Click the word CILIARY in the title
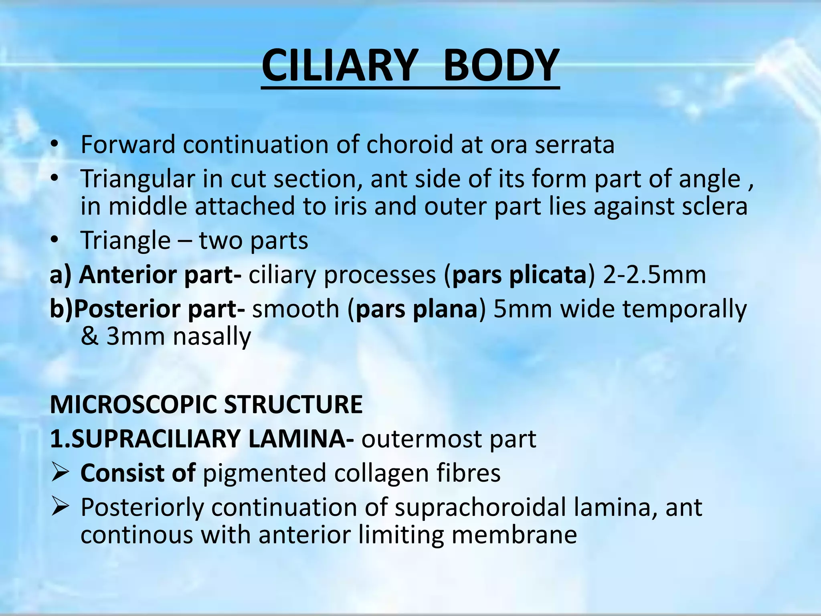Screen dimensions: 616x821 (x=339, y=65)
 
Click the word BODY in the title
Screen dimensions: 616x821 (x=501, y=65)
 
